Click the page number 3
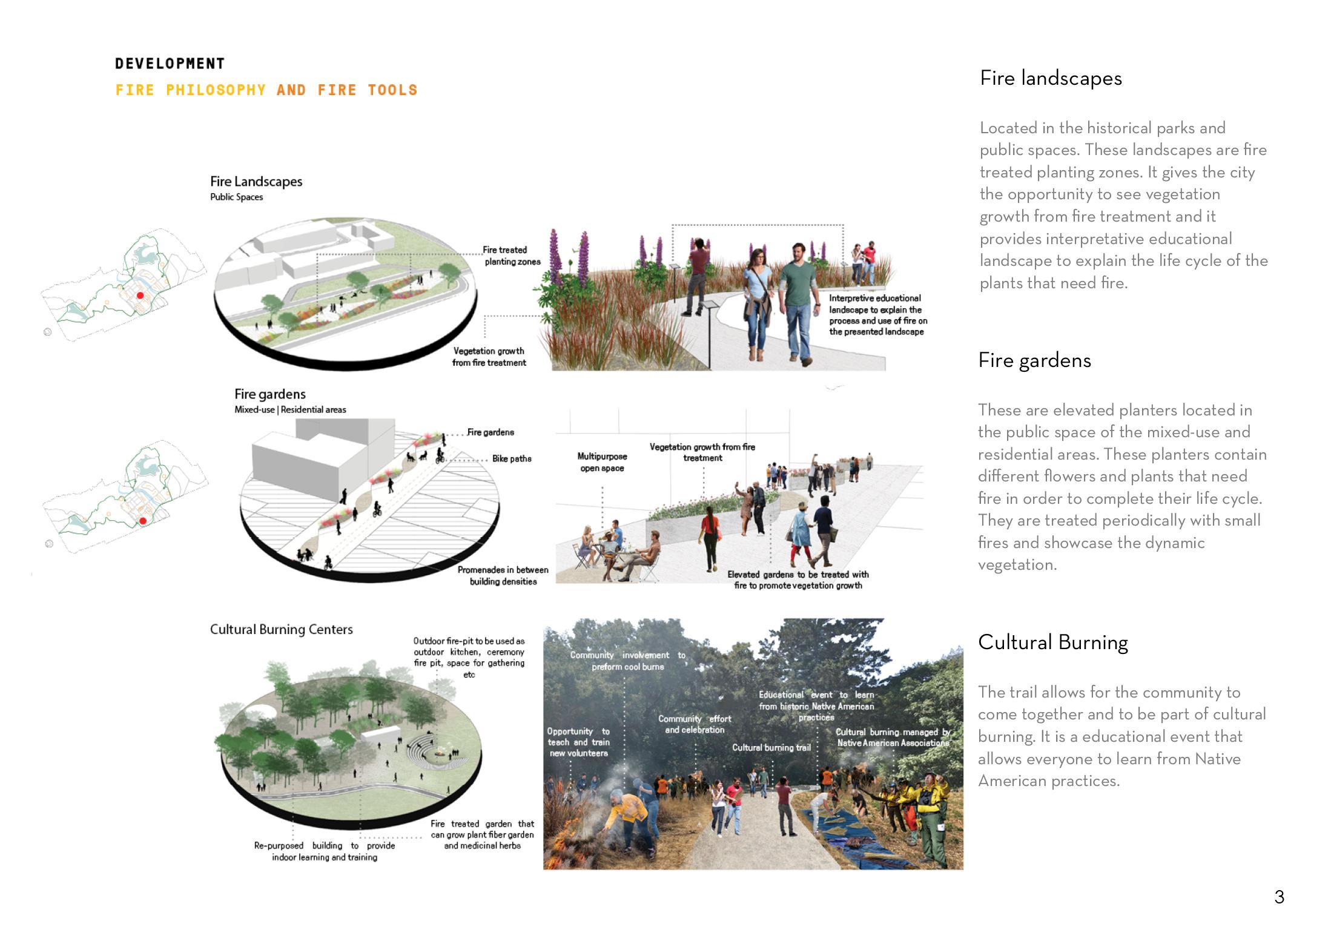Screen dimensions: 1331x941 [1279, 897]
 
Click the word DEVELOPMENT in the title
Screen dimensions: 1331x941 [170, 64]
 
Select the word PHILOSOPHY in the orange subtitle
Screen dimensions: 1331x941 [216, 90]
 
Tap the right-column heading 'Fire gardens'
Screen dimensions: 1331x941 [1034, 361]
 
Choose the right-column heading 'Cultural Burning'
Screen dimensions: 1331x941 [1052, 642]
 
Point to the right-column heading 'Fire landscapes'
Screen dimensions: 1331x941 [1051, 79]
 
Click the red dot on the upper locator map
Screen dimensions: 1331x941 [140, 296]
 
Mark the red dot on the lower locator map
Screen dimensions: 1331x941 [143, 521]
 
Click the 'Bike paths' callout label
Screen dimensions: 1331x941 [512, 459]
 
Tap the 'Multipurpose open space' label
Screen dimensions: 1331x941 [602, 462]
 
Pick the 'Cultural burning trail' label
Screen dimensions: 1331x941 [771, 748]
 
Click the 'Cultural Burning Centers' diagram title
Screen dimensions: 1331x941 [281, 630]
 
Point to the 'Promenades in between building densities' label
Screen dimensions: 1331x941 [503, 576]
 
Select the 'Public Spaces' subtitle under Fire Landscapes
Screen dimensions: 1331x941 [236, 197]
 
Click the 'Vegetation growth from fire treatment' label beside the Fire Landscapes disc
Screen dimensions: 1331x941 [489, 357]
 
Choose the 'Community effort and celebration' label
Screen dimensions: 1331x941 [695, 724]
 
